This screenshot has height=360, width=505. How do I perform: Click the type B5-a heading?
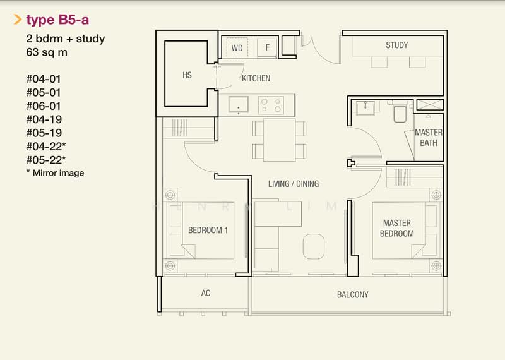click(x=57, y=20)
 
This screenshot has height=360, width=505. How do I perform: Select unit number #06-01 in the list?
click(x=44, y=106)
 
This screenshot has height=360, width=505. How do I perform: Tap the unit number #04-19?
click(x=44, y=119)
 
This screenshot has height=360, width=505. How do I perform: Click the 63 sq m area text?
click(x=47, y=52)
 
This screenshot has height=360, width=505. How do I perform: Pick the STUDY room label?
click(x=396, y=45)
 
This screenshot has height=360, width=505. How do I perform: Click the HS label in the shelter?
click(x=187, y=75)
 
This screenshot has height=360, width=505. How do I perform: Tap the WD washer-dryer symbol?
click(x=237, y=47)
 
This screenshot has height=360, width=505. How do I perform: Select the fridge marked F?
click(x=268, y=47)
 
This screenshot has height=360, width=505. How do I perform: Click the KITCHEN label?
click(x=256, y=79)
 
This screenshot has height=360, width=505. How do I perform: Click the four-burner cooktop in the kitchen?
click(x=272, y=104)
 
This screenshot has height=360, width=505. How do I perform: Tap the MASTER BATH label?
click(x=429, y=138)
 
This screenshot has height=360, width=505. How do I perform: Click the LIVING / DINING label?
click(x=294, y=184)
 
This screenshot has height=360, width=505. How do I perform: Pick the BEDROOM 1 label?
click(x=208, y=231)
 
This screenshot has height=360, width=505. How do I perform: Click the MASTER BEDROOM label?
click(x=396, y=228)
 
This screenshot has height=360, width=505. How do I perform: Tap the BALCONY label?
click(x=352, y=295)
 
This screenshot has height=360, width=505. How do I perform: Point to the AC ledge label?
click(x=205, y=294)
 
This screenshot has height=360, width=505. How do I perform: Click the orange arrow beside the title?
click(x=18, y=20)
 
